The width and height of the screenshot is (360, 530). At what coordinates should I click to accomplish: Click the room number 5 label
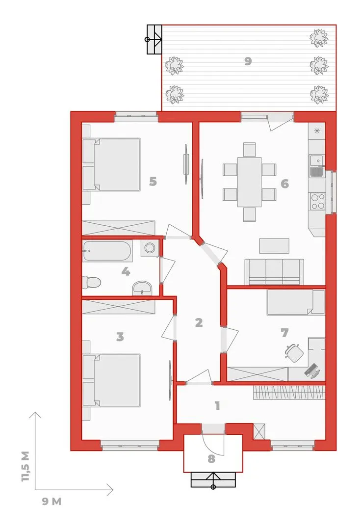(153, 182)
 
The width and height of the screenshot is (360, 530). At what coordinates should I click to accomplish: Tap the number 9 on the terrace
(248, 61)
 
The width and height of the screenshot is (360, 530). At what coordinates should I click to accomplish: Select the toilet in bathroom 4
(91, 282)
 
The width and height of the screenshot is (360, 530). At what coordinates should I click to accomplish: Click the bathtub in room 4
(107, 250)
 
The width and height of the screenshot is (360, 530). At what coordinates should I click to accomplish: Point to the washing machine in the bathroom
(150, 248)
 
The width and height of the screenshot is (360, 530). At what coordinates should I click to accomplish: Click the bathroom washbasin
(142, 289)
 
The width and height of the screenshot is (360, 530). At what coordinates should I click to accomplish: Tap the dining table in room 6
(249, 182)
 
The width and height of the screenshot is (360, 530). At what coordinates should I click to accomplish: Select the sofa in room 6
(274, 271)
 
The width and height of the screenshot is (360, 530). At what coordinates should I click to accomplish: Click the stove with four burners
(317, 202)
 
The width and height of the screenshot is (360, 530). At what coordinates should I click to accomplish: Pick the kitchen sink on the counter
(317, 166)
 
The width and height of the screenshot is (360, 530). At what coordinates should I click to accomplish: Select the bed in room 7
(296, 302)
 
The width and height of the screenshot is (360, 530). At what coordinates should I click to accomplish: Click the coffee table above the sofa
(274, 246)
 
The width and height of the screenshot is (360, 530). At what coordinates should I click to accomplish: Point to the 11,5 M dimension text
(26, 466)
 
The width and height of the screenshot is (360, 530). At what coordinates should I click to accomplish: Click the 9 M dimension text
(51, 501)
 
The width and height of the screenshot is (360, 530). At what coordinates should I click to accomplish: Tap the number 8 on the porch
(211, 459)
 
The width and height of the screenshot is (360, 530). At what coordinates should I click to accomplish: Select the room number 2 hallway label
(199, 322)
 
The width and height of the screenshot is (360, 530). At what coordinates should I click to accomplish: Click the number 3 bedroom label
(120, 337)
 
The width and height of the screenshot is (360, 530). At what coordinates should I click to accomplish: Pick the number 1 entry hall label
(217, 405)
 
